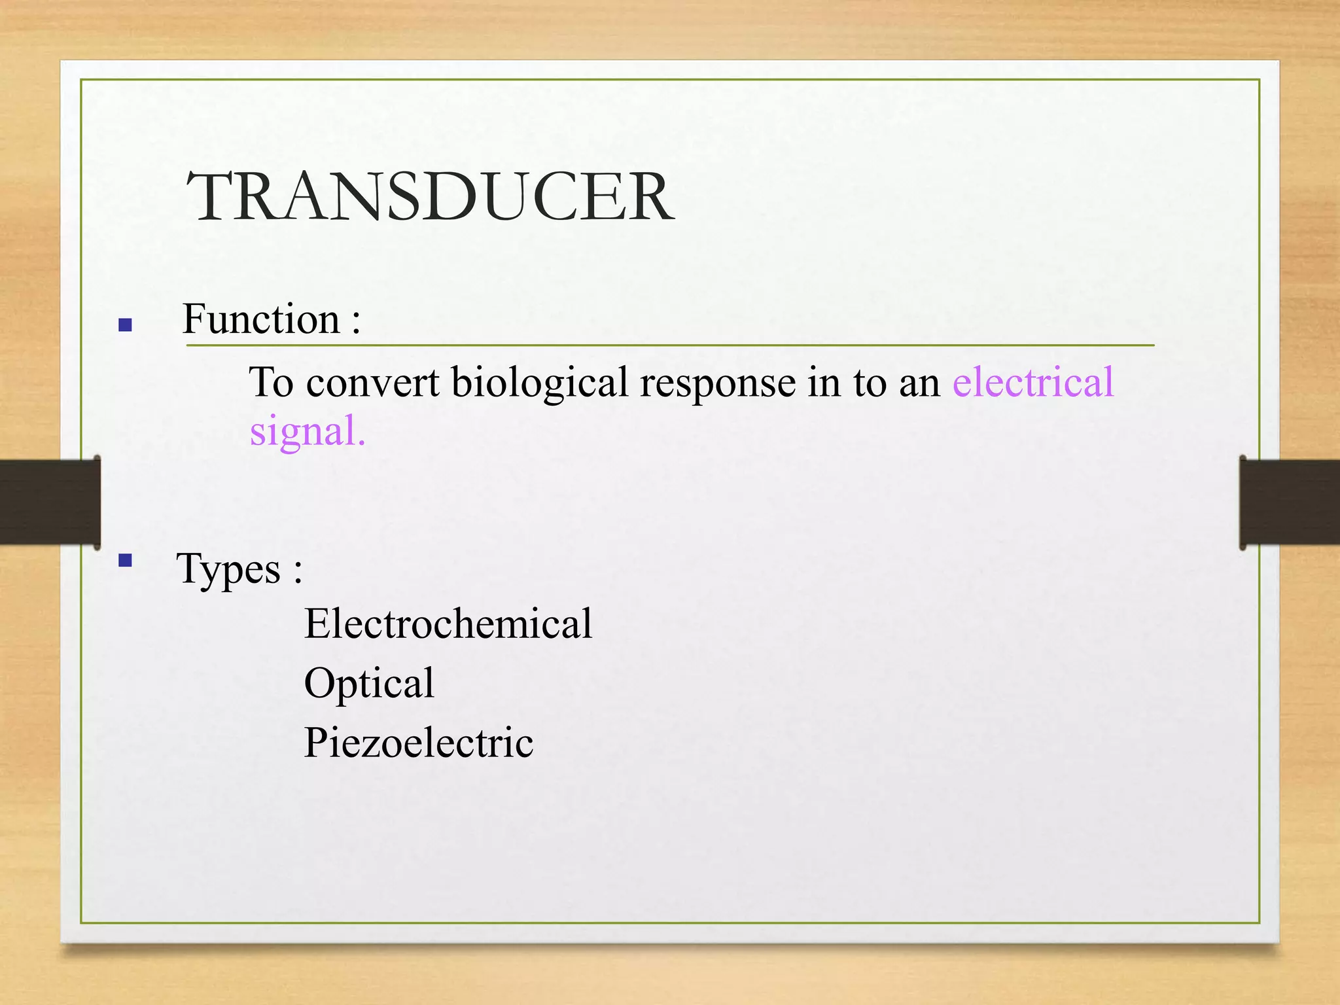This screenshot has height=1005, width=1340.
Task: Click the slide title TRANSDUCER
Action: pyautogui.click(x=430, y=197)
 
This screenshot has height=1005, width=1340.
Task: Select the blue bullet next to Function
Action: pyautogui.click(x=126, y=325)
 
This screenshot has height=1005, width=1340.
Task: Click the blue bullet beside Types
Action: pyautogui.click(x=126, y=560)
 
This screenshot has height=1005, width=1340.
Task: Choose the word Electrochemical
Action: pyautogui.click(x=448, y=624)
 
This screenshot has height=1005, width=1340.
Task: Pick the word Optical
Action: pyautogui.click(x=369, y=683)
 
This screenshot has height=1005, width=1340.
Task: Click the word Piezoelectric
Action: pyautogui.click(x=419, y=743)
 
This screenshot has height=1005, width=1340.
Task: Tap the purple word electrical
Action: pyautogui.click(x=1033, y=382)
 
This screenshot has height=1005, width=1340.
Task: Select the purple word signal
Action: pyautogui.click(x=308, y=431)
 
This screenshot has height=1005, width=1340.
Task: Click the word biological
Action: pyautogui.click(x=539, y=383)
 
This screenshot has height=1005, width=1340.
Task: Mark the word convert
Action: pyautogui.click(x=373, y=383)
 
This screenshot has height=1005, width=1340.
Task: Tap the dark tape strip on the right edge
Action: pyautogui.click(x=1290, y=502)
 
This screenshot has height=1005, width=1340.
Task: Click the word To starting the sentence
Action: pyautogui.click(x=271, y=382)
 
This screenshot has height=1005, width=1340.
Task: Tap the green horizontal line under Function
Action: pyautogui.click(x=670, y=345)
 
